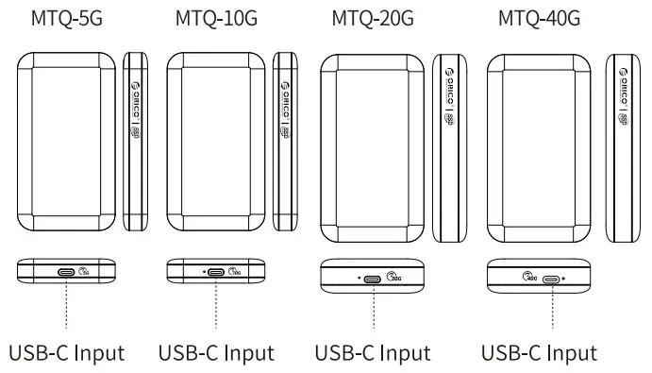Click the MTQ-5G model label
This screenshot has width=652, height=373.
coord(67,18)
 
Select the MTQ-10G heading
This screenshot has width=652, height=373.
coord(216,18)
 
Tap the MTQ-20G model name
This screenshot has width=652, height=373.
coord(373,18)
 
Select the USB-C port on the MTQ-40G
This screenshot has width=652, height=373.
coord(548,278)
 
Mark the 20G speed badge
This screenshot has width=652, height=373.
coord(393,278)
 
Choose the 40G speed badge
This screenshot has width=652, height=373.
coord(530,278)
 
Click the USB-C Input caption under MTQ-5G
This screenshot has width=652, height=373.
coord(67,353)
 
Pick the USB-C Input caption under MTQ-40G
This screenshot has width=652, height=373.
coord(539,353)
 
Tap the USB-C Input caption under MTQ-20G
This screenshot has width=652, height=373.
coord(373,353)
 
